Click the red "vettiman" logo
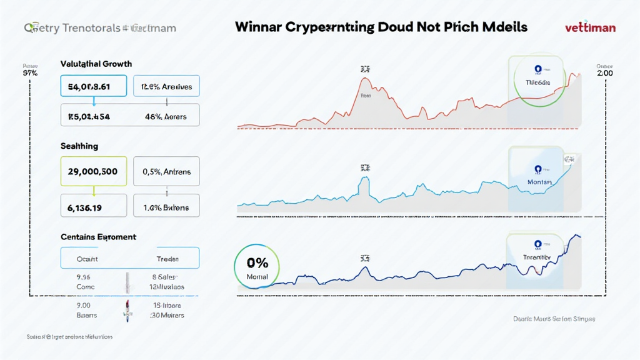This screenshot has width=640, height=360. pyautogui.click(x=590, y=27)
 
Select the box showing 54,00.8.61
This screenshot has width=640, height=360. pyautogui.click(x=93, y=87)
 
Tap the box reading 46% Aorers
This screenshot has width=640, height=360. pyautogui.click(x=167, y=116)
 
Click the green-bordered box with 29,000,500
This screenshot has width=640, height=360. pyautogui.click(x=93, y=171)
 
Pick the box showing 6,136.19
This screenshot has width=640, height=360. pyautogui.click(x=93, y=207)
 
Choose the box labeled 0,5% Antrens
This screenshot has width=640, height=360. pyautogui.click(x=167, y=171)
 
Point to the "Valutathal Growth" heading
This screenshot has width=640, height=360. pyautogui.click(x=96, y=64)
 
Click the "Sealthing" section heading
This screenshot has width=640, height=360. pyautogui.click(x=79, y=146)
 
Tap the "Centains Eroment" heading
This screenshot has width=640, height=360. pyautogui.click(x=98, y=237)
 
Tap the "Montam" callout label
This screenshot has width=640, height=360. pyautogui.click(x=539, y=182)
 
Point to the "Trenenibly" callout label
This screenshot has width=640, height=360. pyautogui.click(x=537, y=257)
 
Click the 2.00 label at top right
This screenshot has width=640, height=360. pyautogui.click(x=604, y=73)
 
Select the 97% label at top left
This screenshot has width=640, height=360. pyautogui.click(x=30, y=73)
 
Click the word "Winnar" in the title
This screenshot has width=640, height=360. pyautogui.click(x=259, y=27)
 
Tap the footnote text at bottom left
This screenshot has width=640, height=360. pyautogui.click(x=69, y=336)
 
